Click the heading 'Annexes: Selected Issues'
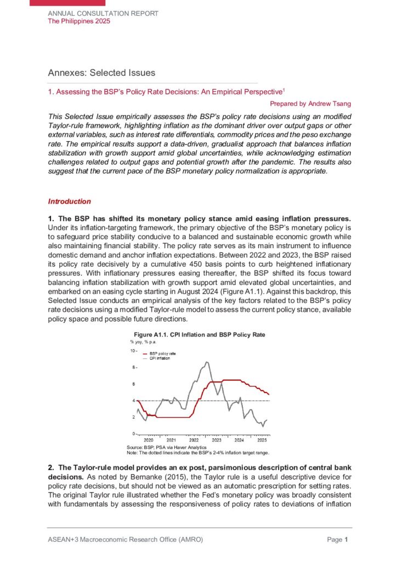click(101, 73)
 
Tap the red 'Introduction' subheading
click(69, 201)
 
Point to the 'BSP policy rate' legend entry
click(163, 353)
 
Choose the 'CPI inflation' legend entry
click(161, 358)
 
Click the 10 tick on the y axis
click(132, 350)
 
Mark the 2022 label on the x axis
click(194, 440)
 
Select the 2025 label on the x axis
click(262, 440)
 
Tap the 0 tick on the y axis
click(133, 434)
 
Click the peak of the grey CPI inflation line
click(207, 362)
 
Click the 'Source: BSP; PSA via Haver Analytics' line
click(160, 448)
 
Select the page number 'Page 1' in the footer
click(338, 540)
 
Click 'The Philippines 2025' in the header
click(79, 21)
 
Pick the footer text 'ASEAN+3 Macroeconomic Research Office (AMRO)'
click(126, 540)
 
